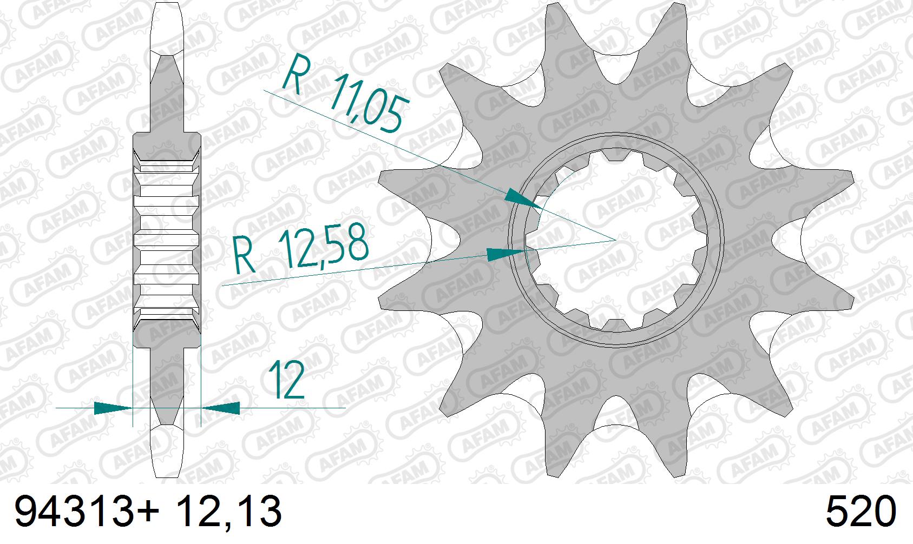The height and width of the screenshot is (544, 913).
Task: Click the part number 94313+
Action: pos(87,511)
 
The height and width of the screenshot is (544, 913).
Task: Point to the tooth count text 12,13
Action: pos(229,512)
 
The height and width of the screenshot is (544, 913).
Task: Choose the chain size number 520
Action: pos(861,512)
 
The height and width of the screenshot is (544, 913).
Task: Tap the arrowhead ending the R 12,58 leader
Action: pos(505,254)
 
